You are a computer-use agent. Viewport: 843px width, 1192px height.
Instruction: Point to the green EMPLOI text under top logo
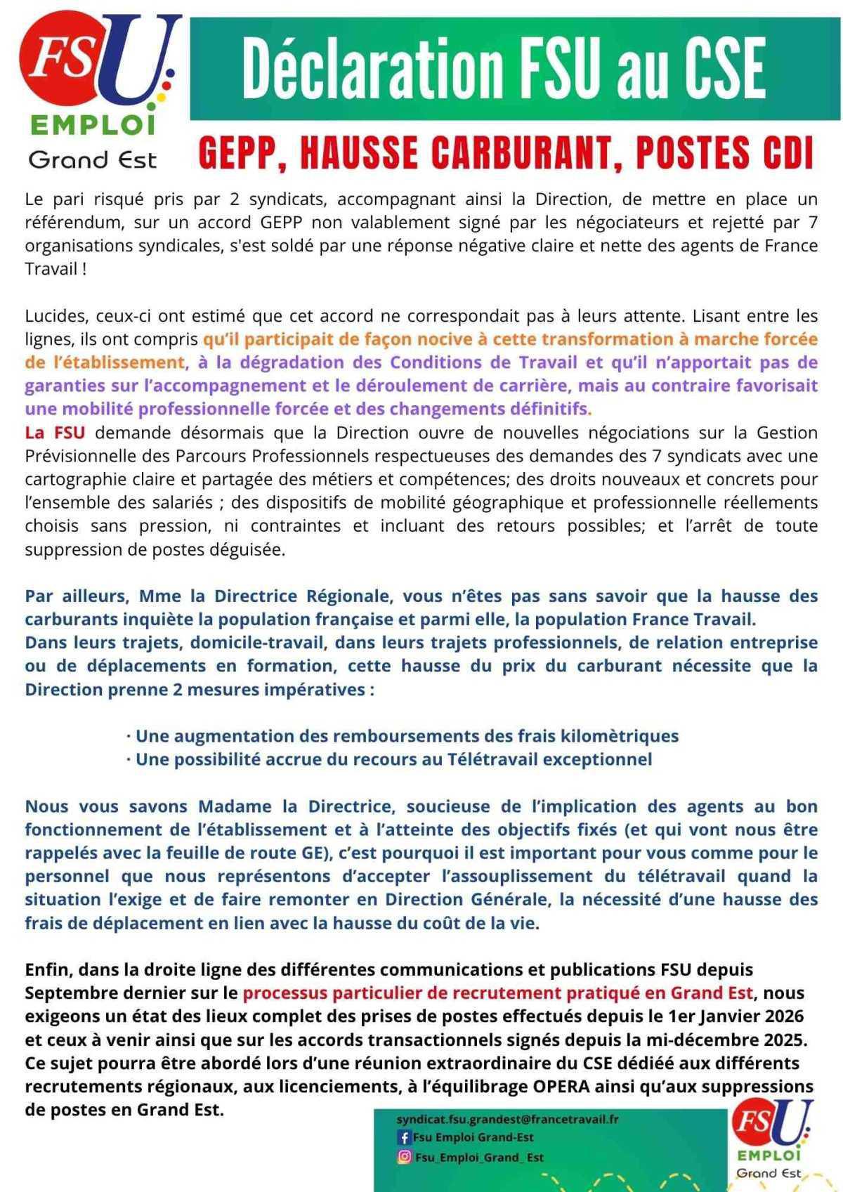pos(93,126)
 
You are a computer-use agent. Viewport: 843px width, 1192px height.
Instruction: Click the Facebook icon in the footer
pos(404,1137)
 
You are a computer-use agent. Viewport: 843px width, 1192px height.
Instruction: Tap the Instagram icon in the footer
pos(404,1157)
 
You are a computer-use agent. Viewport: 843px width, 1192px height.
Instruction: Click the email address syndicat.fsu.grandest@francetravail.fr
pos(507,1119)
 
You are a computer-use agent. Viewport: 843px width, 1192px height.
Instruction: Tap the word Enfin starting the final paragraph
pos(48,970)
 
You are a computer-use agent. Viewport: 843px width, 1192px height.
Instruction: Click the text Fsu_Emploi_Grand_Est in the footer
pos(479,1157)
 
